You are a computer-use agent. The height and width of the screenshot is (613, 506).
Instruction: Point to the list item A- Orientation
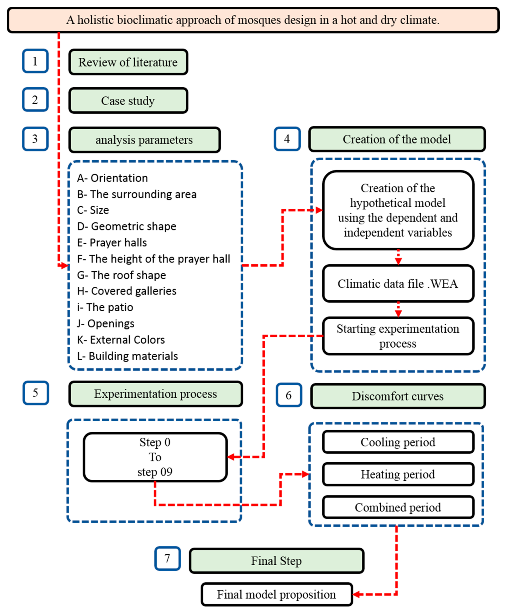pyautogui.click(x=113, y=178)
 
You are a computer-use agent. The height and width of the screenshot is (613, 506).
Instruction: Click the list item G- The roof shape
pyautogui.click(x=122, y=275)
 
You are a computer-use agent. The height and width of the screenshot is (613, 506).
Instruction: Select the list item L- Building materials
pyautogui.click(x=127, y=356)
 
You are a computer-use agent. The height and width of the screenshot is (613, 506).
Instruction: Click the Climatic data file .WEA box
pyautogui.click(x=398, y=284)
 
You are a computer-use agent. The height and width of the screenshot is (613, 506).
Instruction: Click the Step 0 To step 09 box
pyautogui.click(x=155, y=457)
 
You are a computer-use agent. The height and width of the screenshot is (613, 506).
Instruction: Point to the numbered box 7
pyautogui.click(x=167, y=558)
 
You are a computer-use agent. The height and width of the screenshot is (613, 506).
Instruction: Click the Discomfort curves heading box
pyautogui.click(x=398, y=396)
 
